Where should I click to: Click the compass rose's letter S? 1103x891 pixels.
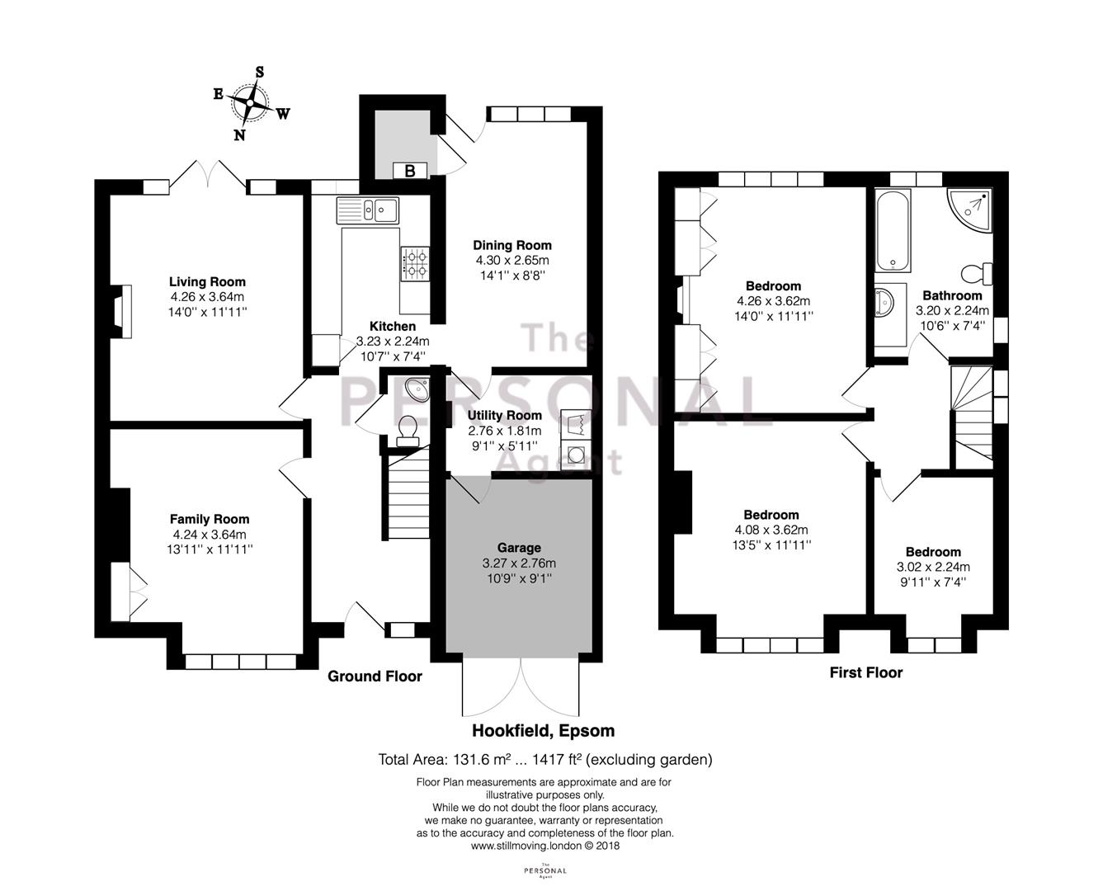pos(259,72)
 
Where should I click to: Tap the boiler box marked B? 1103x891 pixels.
pos(410,170)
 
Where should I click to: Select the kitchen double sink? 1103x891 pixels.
pos(367,210)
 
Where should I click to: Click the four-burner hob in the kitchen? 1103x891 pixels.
pos(415,264)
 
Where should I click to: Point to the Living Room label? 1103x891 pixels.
pos(207,282)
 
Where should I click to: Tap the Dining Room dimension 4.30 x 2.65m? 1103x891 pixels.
pos(512,261)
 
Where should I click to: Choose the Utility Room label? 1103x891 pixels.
pos(504,415)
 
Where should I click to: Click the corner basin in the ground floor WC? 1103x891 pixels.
pos(418,389)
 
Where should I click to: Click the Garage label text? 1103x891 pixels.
pos(519,548)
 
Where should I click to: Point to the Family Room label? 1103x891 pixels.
pos(210,519)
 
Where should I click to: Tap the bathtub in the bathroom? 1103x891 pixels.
pos(893,230)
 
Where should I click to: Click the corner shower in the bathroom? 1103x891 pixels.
pos(970,210)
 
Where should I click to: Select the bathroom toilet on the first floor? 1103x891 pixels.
pos(977,274)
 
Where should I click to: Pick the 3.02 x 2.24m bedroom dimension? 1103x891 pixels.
pos(933,567)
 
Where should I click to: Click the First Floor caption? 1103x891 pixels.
pos(866,672)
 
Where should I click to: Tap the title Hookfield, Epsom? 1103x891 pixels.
pos(543,731)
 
